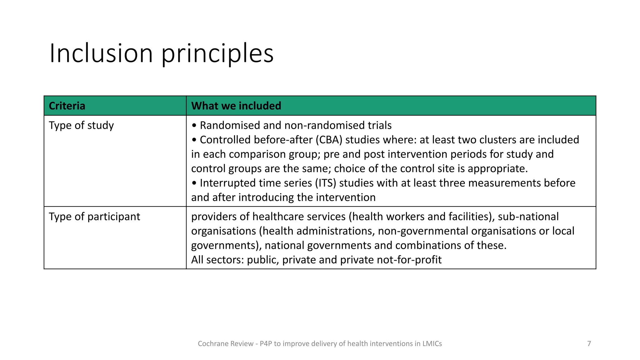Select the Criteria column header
click(x=67, y=106)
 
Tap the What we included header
click(x=236, y=106)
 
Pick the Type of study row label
click(x=81, y=125)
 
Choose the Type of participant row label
click(x=94, y=217)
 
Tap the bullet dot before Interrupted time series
click(x=194, y=183)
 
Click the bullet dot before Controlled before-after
click(x=194, y=140)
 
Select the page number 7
click(x=589, y=344)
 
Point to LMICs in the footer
click(x=432, y=344)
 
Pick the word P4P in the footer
click(x=266, y=344)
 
